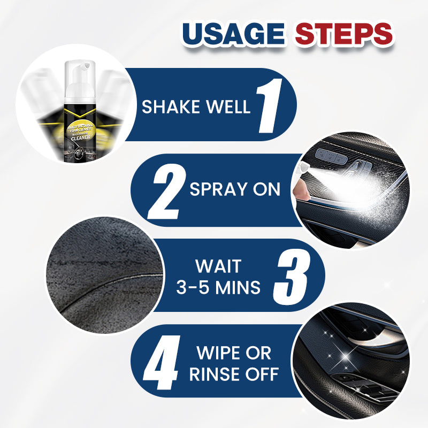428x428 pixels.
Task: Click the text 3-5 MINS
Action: (219, 288)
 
